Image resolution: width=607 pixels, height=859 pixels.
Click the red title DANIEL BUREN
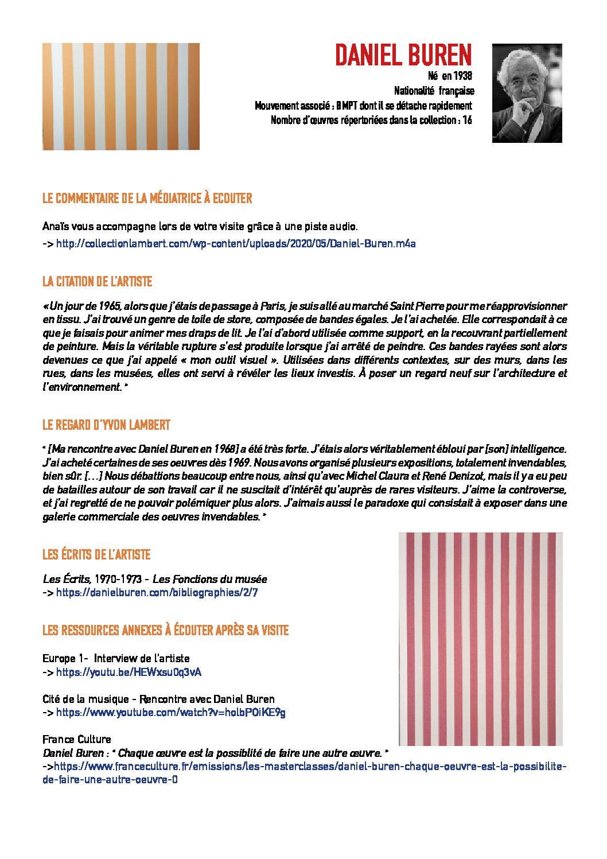pos(403,55)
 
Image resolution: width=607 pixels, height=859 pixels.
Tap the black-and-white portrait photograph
pos(527,93)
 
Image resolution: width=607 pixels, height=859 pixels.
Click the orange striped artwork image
pos(121,96)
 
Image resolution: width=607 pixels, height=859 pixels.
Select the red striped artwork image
pos(480,639)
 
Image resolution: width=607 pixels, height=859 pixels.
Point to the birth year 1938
pos(462,76)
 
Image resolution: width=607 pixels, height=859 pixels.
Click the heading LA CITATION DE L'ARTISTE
pos(97,282)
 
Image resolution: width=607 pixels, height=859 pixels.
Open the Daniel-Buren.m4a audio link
pos(236,243)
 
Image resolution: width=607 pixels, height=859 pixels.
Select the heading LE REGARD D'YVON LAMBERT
pos(106,425)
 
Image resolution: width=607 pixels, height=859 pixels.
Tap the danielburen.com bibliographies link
pos(157,592)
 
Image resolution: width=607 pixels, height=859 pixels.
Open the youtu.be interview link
pos(129,672)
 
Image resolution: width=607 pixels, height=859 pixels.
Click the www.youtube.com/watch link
pos(170,712)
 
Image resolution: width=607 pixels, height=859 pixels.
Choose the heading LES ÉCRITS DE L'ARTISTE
pos(96,555)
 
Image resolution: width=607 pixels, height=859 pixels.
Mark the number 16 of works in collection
pos(467,120)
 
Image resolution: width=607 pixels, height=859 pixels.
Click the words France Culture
pos(76,739)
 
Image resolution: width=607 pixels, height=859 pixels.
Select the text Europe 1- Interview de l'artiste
pos(116,658)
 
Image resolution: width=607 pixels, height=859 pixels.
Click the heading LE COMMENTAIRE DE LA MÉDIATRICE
pos(147,199)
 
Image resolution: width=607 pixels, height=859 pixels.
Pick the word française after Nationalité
pos(457,91)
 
